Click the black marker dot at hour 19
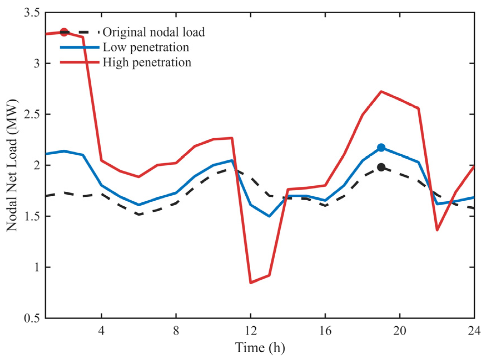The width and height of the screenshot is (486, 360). click(381, 167)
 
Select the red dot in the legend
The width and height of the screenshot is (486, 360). click(64, 32)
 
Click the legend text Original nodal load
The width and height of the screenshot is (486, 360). click(154, 32)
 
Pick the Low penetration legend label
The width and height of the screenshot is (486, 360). click(146, 48)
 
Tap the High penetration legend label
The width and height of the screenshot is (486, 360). click(147, 63)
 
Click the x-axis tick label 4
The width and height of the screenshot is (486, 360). click(102, 331)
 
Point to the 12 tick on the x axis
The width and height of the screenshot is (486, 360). click(251, 331)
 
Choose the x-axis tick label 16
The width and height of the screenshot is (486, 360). click(325, 331)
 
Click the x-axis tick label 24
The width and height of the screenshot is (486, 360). click(474, 331)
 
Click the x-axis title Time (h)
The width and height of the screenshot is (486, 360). click(260, 348)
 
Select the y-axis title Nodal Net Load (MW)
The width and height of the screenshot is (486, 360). click(12, 165)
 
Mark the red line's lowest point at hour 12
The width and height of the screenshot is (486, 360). click(251, 283)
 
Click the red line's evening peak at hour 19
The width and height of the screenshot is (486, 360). click(381, 91)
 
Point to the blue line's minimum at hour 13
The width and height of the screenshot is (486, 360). click(269, 216)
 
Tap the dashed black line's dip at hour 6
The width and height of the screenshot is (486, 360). click(139, 214)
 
